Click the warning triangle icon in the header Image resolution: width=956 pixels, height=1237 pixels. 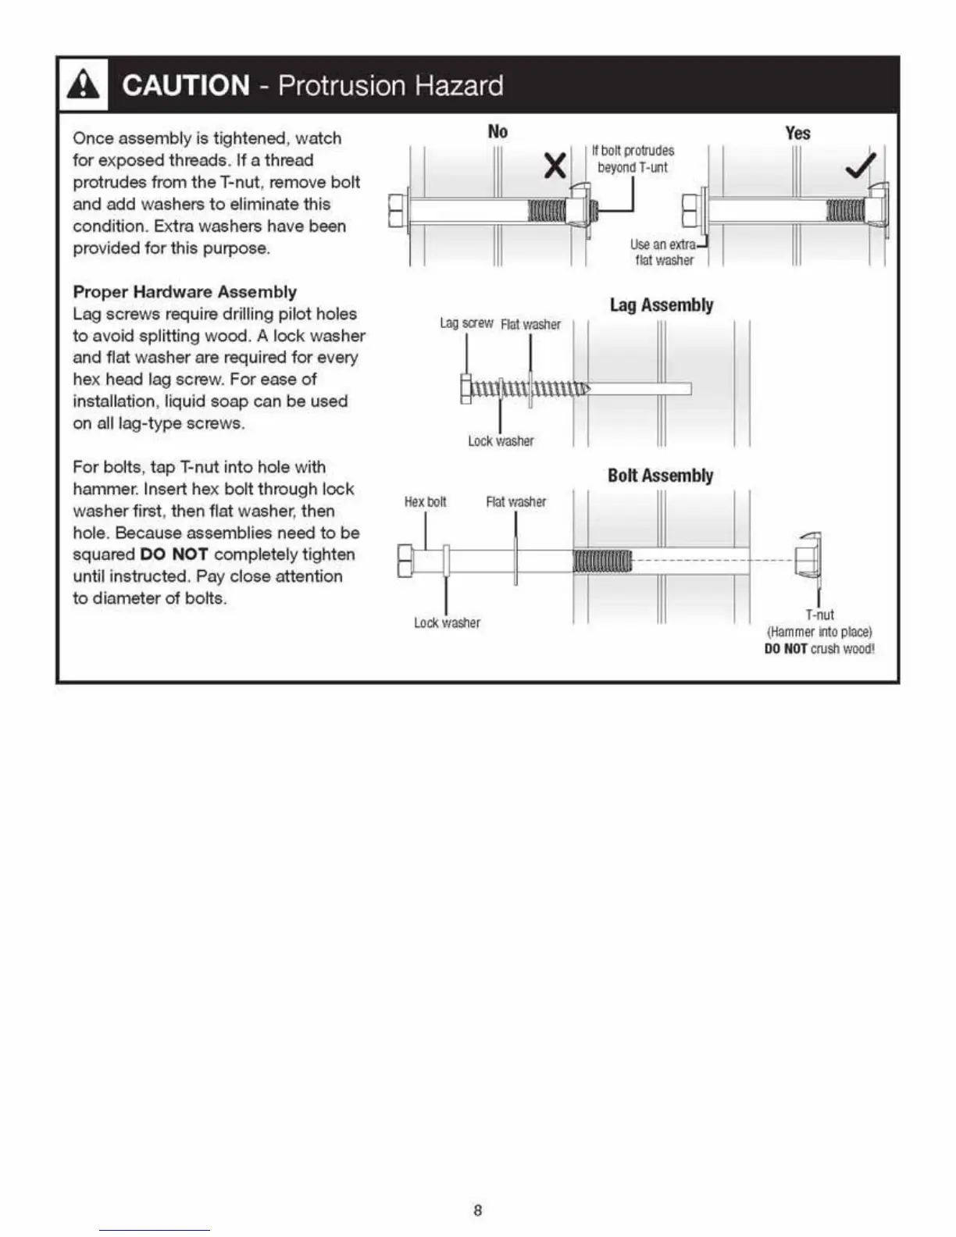coord(84,85)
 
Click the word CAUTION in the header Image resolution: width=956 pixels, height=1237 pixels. coord(186,85)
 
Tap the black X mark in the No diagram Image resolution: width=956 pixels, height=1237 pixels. coord(555,166)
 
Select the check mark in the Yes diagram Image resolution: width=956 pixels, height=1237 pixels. coord(861,166)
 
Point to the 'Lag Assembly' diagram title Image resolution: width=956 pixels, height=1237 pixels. coord(661,305)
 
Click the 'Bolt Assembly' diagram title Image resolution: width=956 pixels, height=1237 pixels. coord(660,476)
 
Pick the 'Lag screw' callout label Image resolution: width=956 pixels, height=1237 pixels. coord(466,323)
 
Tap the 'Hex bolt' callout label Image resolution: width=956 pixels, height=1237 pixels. coord(425,502)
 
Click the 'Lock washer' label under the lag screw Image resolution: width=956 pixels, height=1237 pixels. coord(501,441)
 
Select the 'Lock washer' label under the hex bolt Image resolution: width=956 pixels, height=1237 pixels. coord(447,623)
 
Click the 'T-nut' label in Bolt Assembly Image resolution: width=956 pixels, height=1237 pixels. coord(819,615)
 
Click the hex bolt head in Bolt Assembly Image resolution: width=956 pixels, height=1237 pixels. coord(405,561)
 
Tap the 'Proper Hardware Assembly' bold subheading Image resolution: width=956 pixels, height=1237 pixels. coord(184,292)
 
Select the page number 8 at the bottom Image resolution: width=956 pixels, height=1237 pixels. coord(478,1211)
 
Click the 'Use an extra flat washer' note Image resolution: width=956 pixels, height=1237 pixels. coord(663,252)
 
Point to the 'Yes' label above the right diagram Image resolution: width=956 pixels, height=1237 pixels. coord(797,133)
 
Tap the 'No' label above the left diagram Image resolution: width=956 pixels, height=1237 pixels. coord(498,131)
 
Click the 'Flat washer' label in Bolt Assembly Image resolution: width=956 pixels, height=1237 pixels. coord(515,502)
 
